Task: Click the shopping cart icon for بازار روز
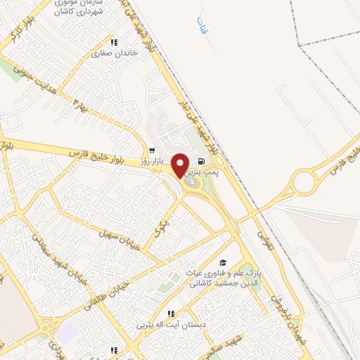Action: point(152,150)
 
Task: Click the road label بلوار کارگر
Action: point(20,33)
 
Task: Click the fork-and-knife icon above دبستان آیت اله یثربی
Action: point(169,314)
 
